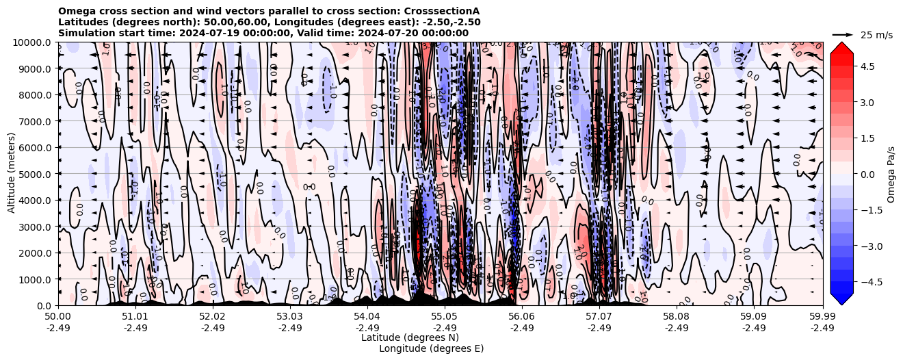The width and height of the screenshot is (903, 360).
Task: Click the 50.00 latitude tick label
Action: (x=58, y=317)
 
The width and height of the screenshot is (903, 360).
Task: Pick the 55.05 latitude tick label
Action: (x=444, y=317)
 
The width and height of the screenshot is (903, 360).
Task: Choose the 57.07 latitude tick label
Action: (x=599, y=317)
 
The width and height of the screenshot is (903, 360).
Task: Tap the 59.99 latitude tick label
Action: (x=822, y=317)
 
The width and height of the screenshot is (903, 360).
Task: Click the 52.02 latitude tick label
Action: (x=212, y=317)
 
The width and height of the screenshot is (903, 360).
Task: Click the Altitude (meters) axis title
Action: (x=12, y=174)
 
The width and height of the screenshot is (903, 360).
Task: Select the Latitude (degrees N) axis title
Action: (x=410, y=337)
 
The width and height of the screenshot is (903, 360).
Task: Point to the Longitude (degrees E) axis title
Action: (x=431, y=348)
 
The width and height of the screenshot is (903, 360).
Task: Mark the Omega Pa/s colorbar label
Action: (x=891, y=174)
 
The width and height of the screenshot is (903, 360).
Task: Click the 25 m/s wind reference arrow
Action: (x=843, y=34)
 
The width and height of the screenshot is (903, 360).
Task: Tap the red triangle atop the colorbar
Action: (x=841, y=47)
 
